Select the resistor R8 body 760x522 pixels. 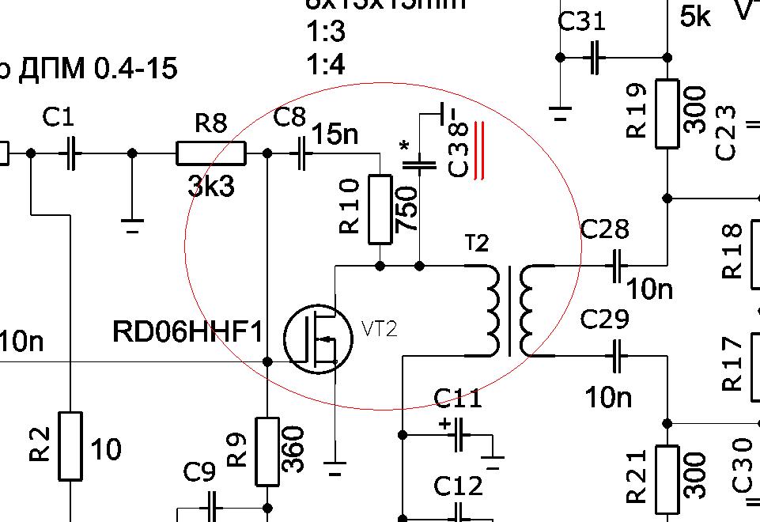pos(210,153)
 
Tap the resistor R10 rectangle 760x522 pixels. pos(380,209)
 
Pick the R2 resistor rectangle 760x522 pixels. pos(70,445)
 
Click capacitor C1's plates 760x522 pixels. pos(72,153)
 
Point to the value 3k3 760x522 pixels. pos(210,186)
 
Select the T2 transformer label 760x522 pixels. pos(477,244)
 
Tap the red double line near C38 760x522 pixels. pos(478,150)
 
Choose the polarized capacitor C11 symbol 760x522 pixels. pos(457,434)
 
